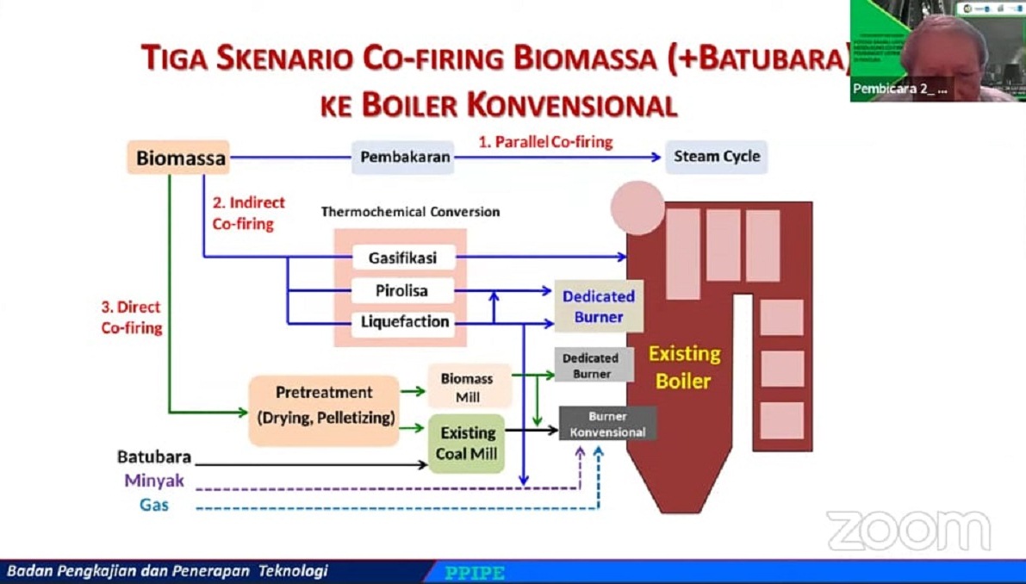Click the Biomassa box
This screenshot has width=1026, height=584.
(178, 158)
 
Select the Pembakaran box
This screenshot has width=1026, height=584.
(402, 158)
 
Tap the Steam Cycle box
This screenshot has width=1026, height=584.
(716, 157)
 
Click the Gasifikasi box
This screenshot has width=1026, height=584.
(402, 258)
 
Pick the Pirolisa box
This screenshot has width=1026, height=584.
(402, 290)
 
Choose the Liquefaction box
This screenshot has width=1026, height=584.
(402, 322)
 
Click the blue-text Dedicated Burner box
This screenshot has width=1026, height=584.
(599, 306)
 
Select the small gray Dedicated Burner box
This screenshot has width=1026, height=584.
(591, 365)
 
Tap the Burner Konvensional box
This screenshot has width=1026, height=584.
(607, 424)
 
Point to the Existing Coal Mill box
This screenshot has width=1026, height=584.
(468, 443)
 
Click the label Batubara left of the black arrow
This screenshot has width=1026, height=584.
(154, 457)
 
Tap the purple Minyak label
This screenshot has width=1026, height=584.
(154, 481)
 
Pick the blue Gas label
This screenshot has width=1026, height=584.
(154, 505)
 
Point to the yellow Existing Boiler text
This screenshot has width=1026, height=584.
(684, 367)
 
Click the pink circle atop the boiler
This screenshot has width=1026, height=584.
(637, 208)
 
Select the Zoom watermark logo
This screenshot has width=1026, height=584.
(908, 530)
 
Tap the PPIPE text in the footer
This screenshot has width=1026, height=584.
(475, 573)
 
